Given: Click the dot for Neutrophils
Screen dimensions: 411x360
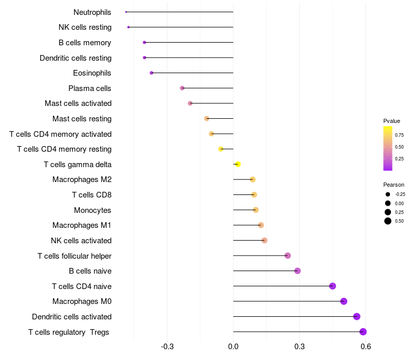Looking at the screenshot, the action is tap(126, 12).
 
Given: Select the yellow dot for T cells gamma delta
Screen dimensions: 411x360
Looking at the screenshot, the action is tap(238, 164).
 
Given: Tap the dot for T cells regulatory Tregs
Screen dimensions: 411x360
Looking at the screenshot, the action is tap(363, 332).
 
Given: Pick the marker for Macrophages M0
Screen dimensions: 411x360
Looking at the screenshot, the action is tap(344, 301).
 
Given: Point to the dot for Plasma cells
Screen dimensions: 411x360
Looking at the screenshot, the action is tap(182, 88).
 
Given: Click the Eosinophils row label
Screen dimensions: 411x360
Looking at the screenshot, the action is tap(92, 73).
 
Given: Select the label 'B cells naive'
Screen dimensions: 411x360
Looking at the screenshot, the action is tap(90, 271).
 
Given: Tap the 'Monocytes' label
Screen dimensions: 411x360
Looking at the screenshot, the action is tap(92, 210).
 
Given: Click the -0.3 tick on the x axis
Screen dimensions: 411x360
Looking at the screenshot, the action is tap(167, 347).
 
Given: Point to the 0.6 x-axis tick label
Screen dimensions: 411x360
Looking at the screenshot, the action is tap(366, 347).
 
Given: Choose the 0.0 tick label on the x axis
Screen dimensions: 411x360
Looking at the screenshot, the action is tap(233, 347).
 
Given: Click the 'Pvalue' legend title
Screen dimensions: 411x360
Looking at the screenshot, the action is tap(391, 121).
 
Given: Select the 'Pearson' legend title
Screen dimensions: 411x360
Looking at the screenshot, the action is tap(394, 185).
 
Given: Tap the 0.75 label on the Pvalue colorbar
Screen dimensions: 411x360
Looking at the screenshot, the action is tap(399, 135).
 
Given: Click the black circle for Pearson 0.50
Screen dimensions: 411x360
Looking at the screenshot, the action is tap(388, 221).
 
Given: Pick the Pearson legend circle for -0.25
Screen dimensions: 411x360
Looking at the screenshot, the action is tap(388, 194).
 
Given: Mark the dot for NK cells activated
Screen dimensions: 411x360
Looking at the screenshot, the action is tap(264, 240).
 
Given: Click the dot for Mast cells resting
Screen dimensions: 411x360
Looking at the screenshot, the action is tap(207, 119).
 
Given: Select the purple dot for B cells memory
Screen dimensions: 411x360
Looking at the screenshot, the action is tap(144, 43).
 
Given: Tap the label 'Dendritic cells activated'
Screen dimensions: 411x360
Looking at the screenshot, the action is tap(72, 317).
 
